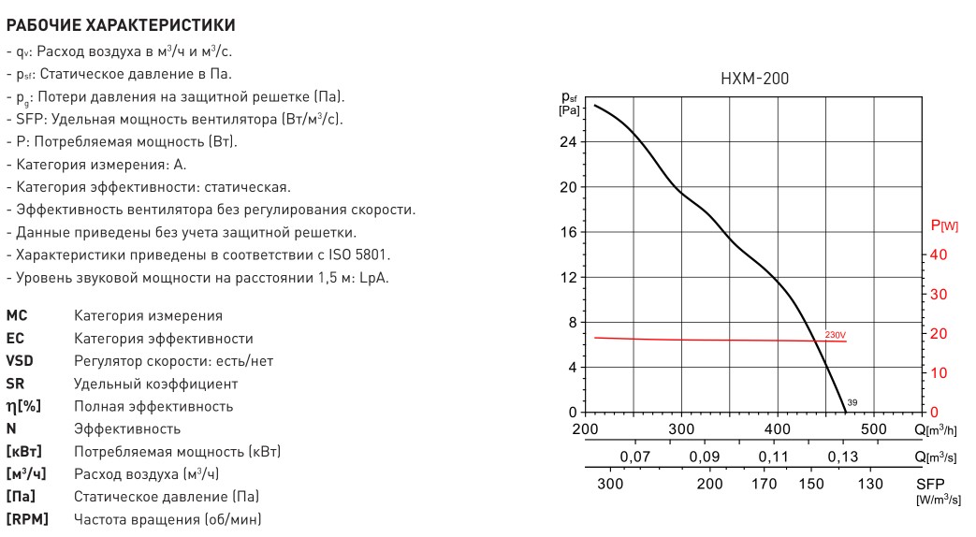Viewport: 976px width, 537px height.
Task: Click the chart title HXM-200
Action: [755, 80]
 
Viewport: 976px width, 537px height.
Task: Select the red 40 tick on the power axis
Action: [939, 254]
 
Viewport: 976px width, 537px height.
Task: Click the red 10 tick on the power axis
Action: [939, 372]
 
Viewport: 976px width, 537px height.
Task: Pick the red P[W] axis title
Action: [944, 225]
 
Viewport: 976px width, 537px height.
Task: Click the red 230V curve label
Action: [835, 334]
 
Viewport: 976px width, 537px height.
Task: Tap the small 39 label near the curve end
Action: [852, 402]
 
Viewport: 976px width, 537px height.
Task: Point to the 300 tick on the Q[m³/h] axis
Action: [682, 428]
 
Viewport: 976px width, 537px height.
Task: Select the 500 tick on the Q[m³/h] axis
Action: [873, 428]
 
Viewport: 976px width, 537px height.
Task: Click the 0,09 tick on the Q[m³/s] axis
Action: [704, 457]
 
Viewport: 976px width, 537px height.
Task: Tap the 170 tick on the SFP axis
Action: [765, 484]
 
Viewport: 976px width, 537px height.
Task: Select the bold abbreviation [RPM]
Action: [27, 519]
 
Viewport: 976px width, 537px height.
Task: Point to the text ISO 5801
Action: [358, 254]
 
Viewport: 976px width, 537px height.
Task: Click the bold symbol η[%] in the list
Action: [23, 406]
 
